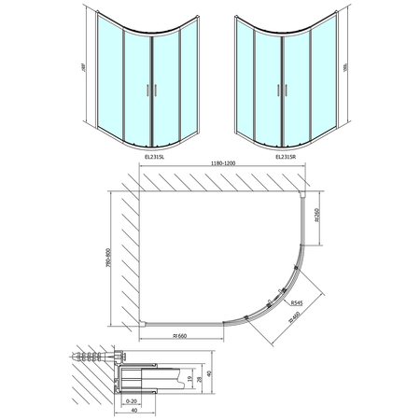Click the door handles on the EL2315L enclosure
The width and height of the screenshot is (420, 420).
coord(147,91)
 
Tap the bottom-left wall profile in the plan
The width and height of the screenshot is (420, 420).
coord(140,320)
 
